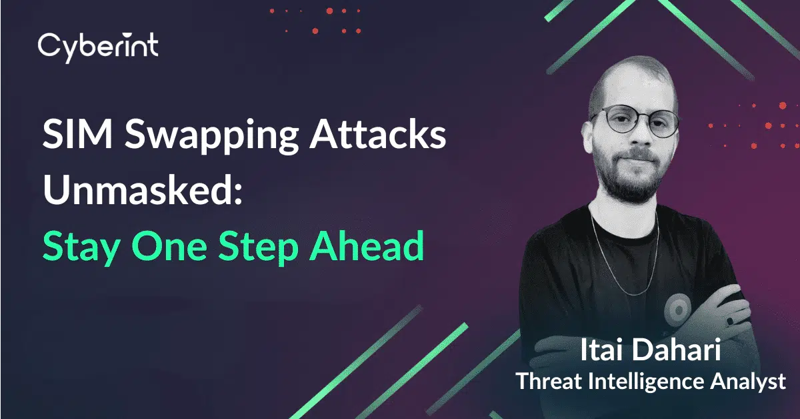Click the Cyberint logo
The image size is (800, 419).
coord(98,47)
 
